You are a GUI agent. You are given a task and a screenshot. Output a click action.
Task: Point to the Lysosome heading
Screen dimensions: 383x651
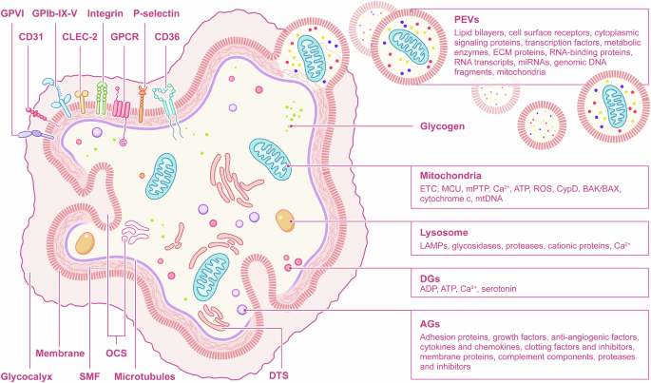[x=446, y=231]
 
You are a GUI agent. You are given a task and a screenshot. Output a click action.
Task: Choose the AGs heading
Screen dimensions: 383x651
[x=431, y=322]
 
